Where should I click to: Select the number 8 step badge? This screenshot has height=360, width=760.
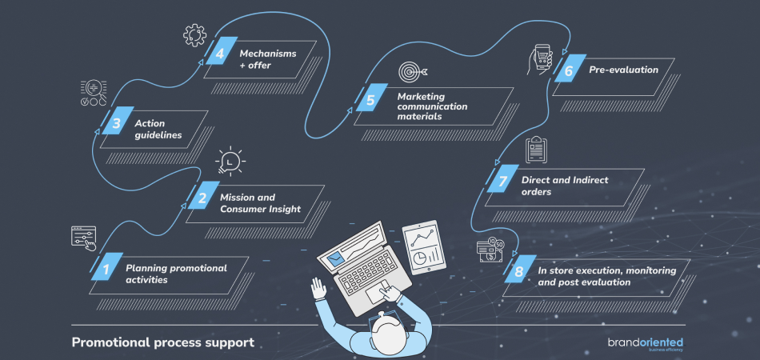pyautogui.click(x=518, y=272)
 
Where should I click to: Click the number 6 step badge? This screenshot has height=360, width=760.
pyautogui.click(x=568, y=70)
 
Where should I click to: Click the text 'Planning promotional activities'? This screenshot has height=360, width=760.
pyautogui.click(x=176, y=274)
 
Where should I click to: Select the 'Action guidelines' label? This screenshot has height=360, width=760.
pyautogui.click(x=158, y=129)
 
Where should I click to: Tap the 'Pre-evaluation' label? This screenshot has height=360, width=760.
pyautogui.click(x=623, y=70)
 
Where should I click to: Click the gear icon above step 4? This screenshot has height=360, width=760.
pyautogui.click(x=194, y=34)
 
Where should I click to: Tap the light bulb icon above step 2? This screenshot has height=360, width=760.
pyautogui.click(x=230, y=162)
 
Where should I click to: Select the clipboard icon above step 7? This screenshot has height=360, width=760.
pyautogui.click(x=534, y=150)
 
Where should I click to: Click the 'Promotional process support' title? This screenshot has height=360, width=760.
pyautogui.click(x=163, y=342)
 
